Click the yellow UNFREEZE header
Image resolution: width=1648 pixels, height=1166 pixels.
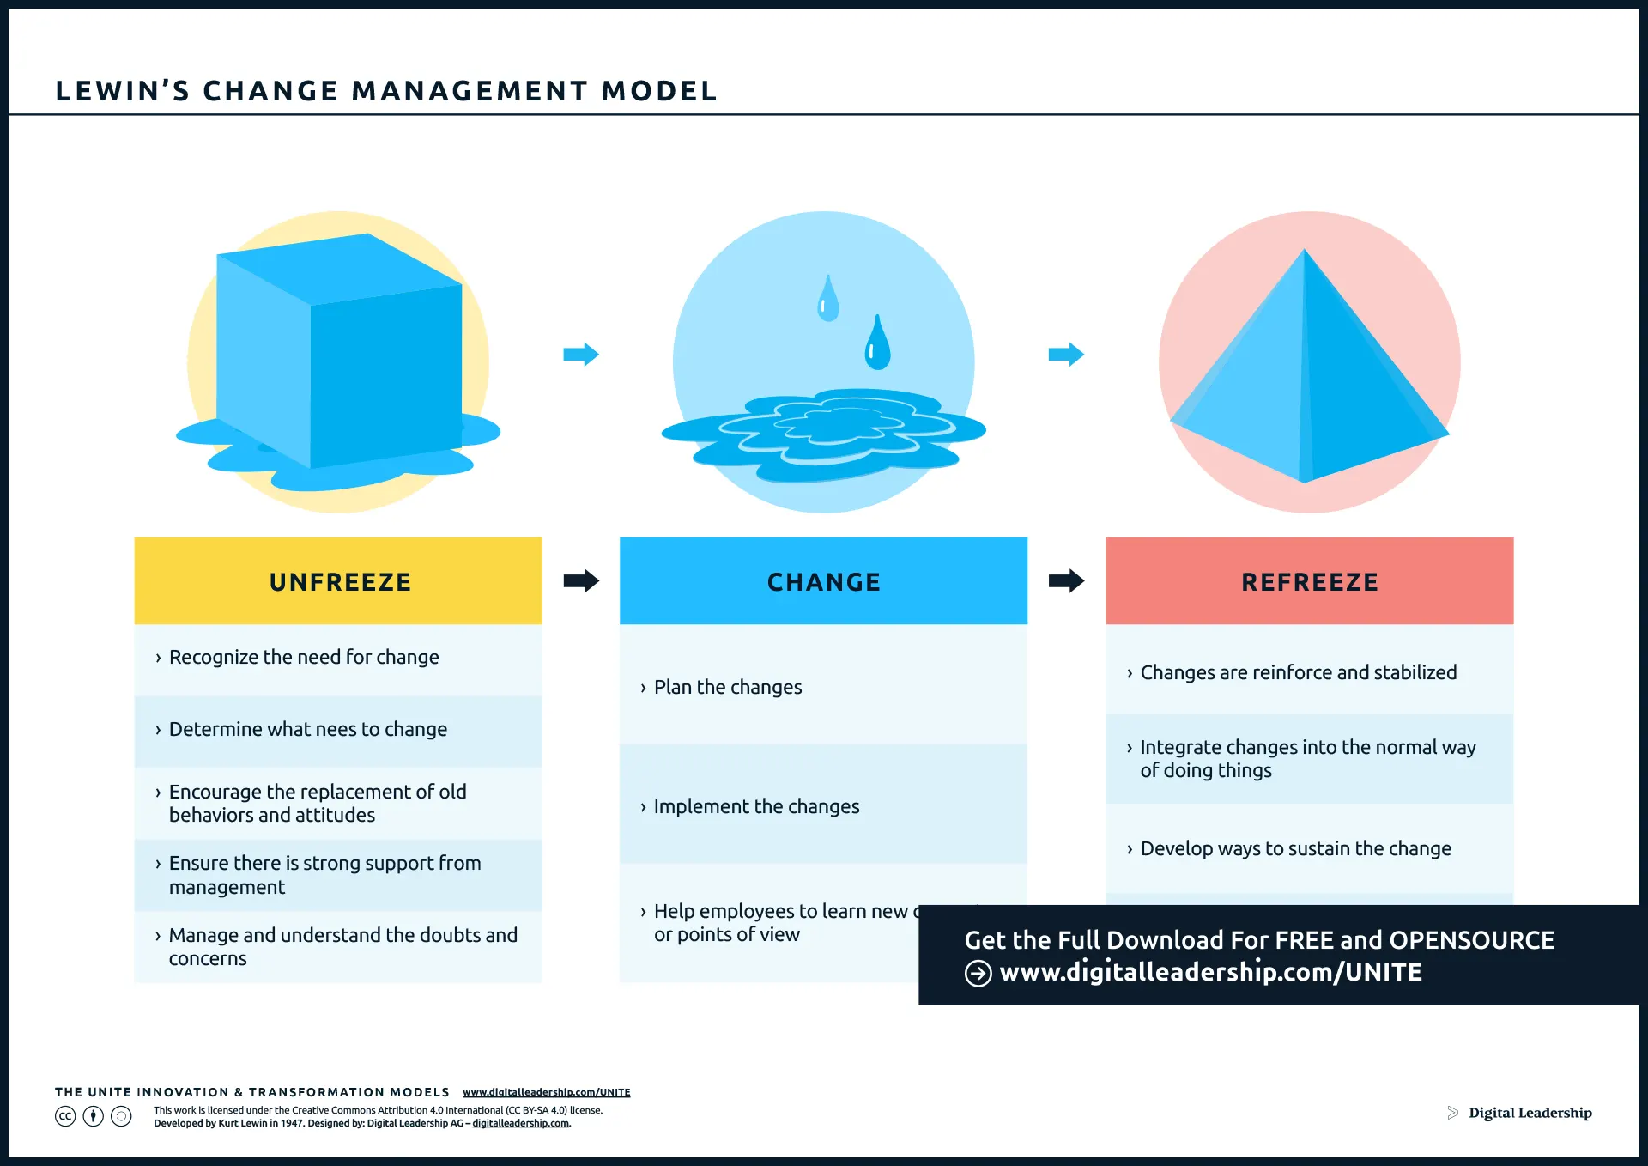pos(339,581)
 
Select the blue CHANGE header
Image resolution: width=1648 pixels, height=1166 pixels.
pos(823,581)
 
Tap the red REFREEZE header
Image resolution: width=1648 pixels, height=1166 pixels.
pos(1309,581)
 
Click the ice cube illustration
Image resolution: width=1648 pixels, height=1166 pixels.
pos(339,352)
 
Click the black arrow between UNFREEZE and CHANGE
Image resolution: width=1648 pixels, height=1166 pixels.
pos(581,581)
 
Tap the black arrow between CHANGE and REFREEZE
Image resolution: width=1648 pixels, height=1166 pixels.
pos(1066,581)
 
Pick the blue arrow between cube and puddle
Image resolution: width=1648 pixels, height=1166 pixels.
pos(581,354)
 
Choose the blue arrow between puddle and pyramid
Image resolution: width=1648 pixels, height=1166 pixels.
pos(1066,354)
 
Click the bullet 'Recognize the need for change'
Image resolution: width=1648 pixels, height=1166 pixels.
pos(304,658)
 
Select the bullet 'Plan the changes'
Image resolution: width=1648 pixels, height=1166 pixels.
pos(728,688)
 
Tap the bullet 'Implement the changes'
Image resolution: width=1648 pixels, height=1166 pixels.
pos(756,807)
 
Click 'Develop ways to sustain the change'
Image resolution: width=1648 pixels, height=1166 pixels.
pos(1295,849)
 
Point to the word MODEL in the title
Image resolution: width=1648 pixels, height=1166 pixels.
pos(659,91)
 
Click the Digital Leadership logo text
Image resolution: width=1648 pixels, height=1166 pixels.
pos(1530,1113)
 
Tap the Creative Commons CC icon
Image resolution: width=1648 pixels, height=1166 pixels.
pos(65,1116)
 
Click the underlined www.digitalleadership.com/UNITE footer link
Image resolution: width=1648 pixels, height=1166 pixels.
pos(546,1092)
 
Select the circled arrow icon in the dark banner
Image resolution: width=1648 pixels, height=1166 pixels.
pos(978,974)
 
